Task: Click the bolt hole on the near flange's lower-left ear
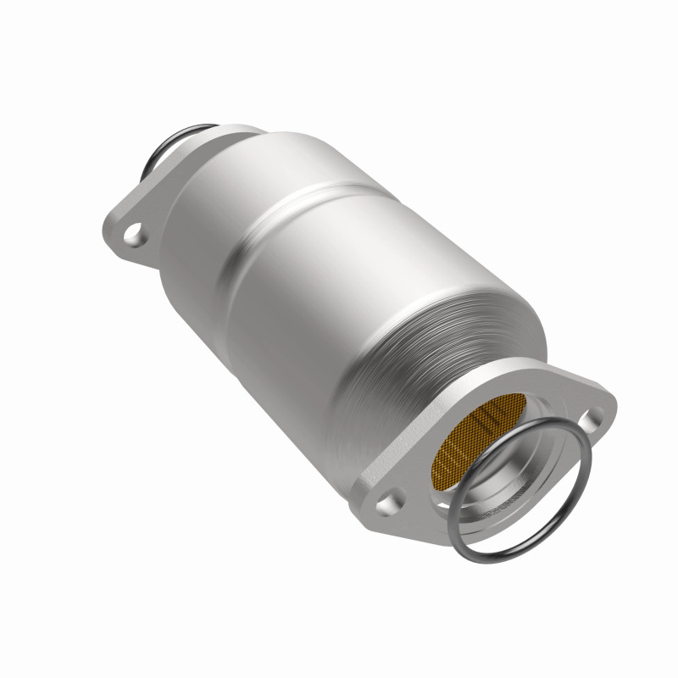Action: point(388,504)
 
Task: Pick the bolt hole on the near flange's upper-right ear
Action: point(595,415)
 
